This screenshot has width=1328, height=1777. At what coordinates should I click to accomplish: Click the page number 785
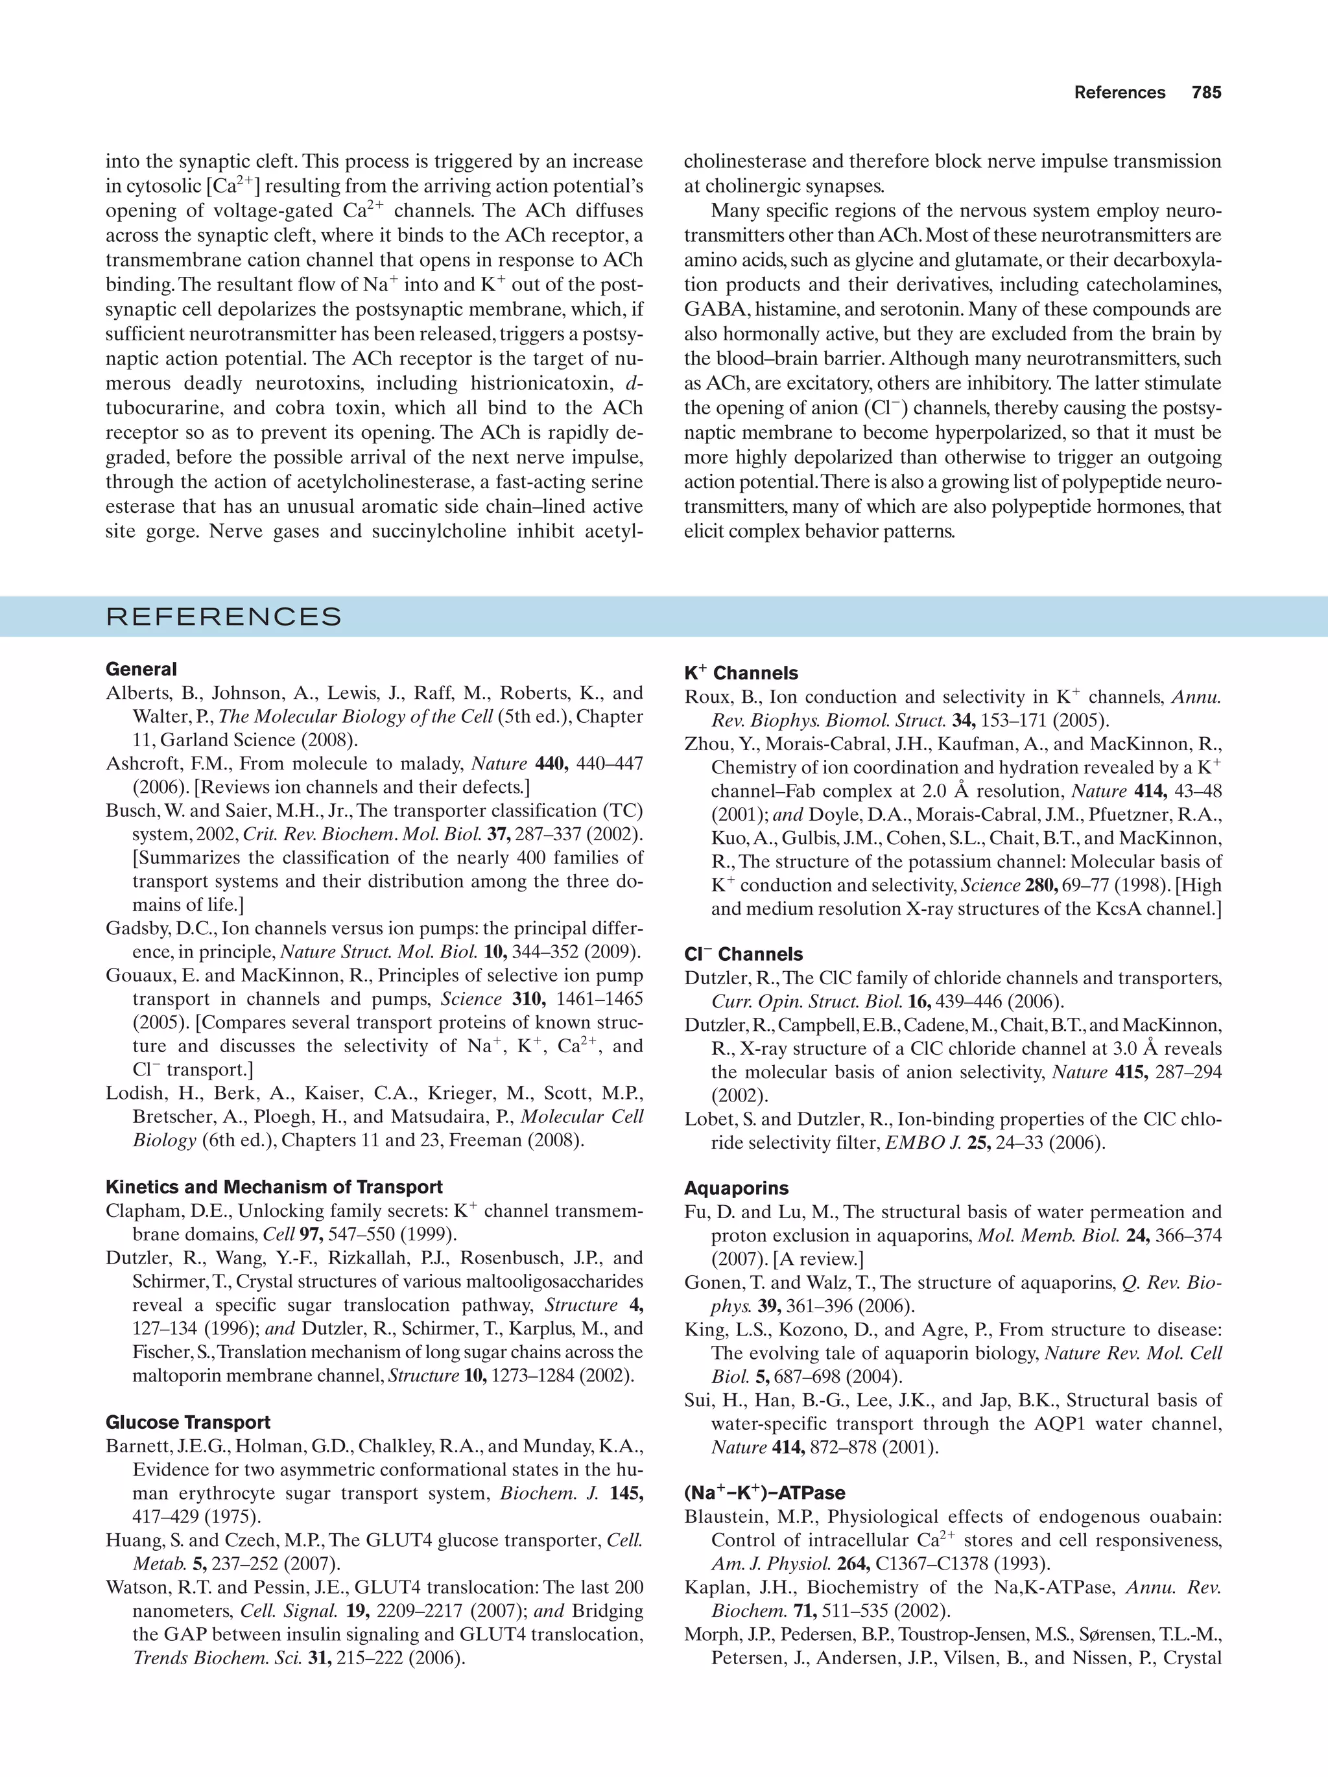pos(1206,93)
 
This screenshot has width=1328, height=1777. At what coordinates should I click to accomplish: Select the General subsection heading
pos(141,669)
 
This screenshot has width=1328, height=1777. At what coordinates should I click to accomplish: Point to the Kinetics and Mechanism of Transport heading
pos(274,1187)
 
